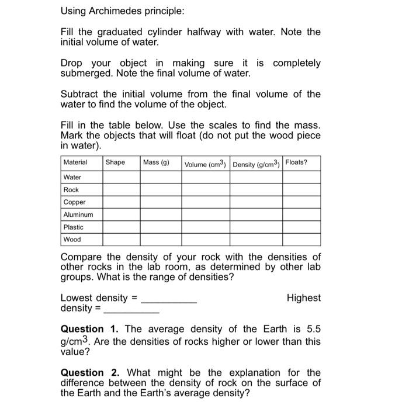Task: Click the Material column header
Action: pyautogui.click(x=75, y=162)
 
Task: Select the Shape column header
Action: pyautogui.click(x=115, y=162)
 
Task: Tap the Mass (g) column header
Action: pyautogui.click(x=156, y=162)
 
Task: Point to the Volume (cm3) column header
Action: pyautogui.click(x=205, y=164)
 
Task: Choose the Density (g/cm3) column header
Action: pyautogui.click(x=257, y=164)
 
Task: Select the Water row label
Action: pyautogui.click(x=72, y=177)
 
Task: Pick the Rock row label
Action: pyautogui.click(x=71, y=190)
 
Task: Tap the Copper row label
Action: pyautogui.click(x=75, y=202)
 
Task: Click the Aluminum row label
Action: pyautogui.click(x=78, y=214)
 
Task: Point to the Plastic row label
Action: pyautogui.click(x=74, y=227)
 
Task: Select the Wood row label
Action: pyautogui.click(x=72, y=240)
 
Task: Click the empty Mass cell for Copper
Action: pyautogui.click(x=160, y=202)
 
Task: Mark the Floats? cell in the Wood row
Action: pyautogui.click(x=301, y=240)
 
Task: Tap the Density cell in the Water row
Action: pyautogui.click(x=256, y=177)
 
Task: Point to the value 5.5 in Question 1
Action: pyautogui.click(x=314, y=329)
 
